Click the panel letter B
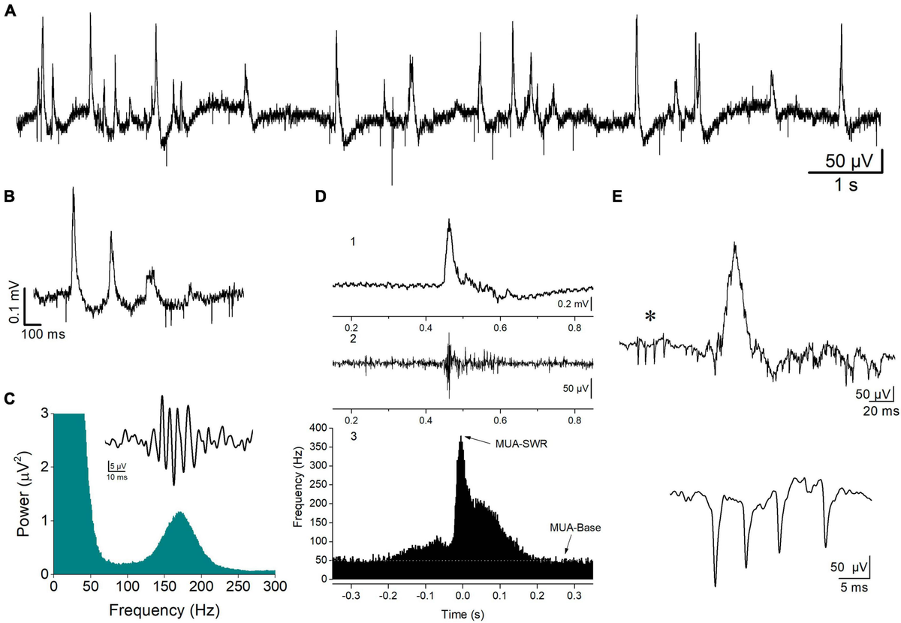10,197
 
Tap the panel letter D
321,197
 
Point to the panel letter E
618,197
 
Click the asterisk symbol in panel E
650,317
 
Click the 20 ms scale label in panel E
872,412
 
